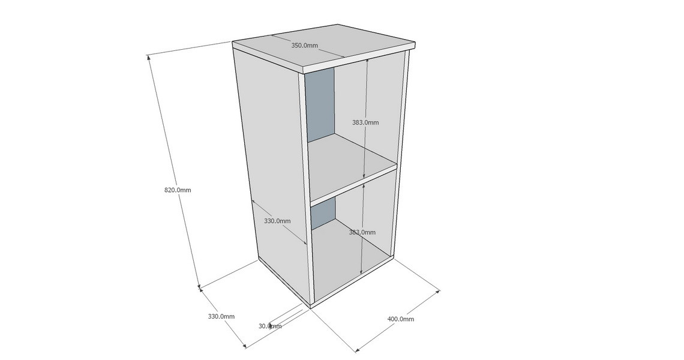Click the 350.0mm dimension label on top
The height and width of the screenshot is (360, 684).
304,46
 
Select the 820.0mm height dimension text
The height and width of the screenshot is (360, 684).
178,190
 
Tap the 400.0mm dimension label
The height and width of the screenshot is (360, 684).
401,319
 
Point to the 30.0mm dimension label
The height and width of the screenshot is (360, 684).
270,326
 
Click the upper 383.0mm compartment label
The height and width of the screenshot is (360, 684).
365,122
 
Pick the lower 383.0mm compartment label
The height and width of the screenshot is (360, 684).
362,232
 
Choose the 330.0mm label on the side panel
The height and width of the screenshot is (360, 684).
277,221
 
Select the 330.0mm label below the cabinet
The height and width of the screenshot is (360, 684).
221,316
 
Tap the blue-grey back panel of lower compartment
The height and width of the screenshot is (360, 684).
323,213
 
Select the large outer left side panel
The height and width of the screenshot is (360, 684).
271,170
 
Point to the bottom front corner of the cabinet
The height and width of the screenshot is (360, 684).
311,307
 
